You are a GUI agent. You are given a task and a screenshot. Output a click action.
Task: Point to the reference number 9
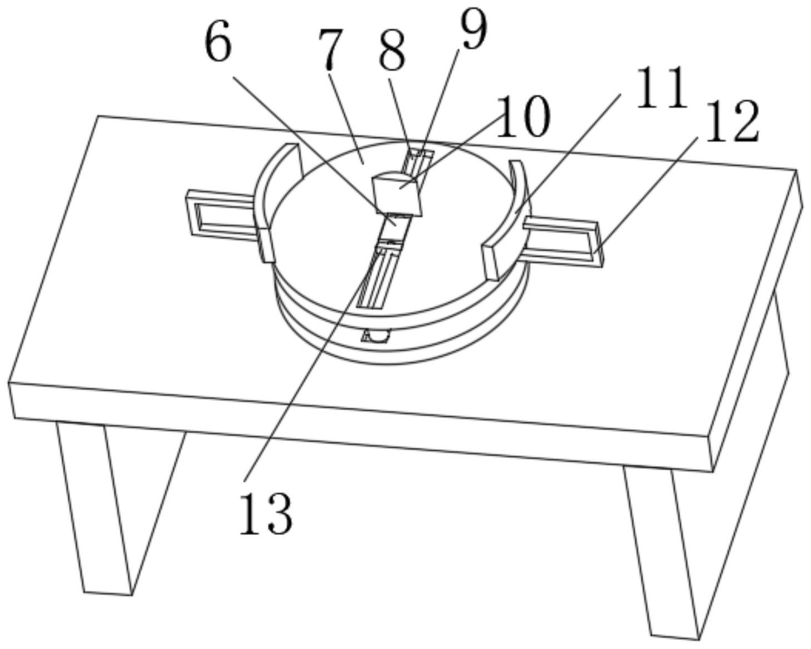[473, 31]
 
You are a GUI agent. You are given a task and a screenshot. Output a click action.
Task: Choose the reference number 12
[732, 121]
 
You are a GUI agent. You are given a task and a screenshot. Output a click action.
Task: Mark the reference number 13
[266, 513]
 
